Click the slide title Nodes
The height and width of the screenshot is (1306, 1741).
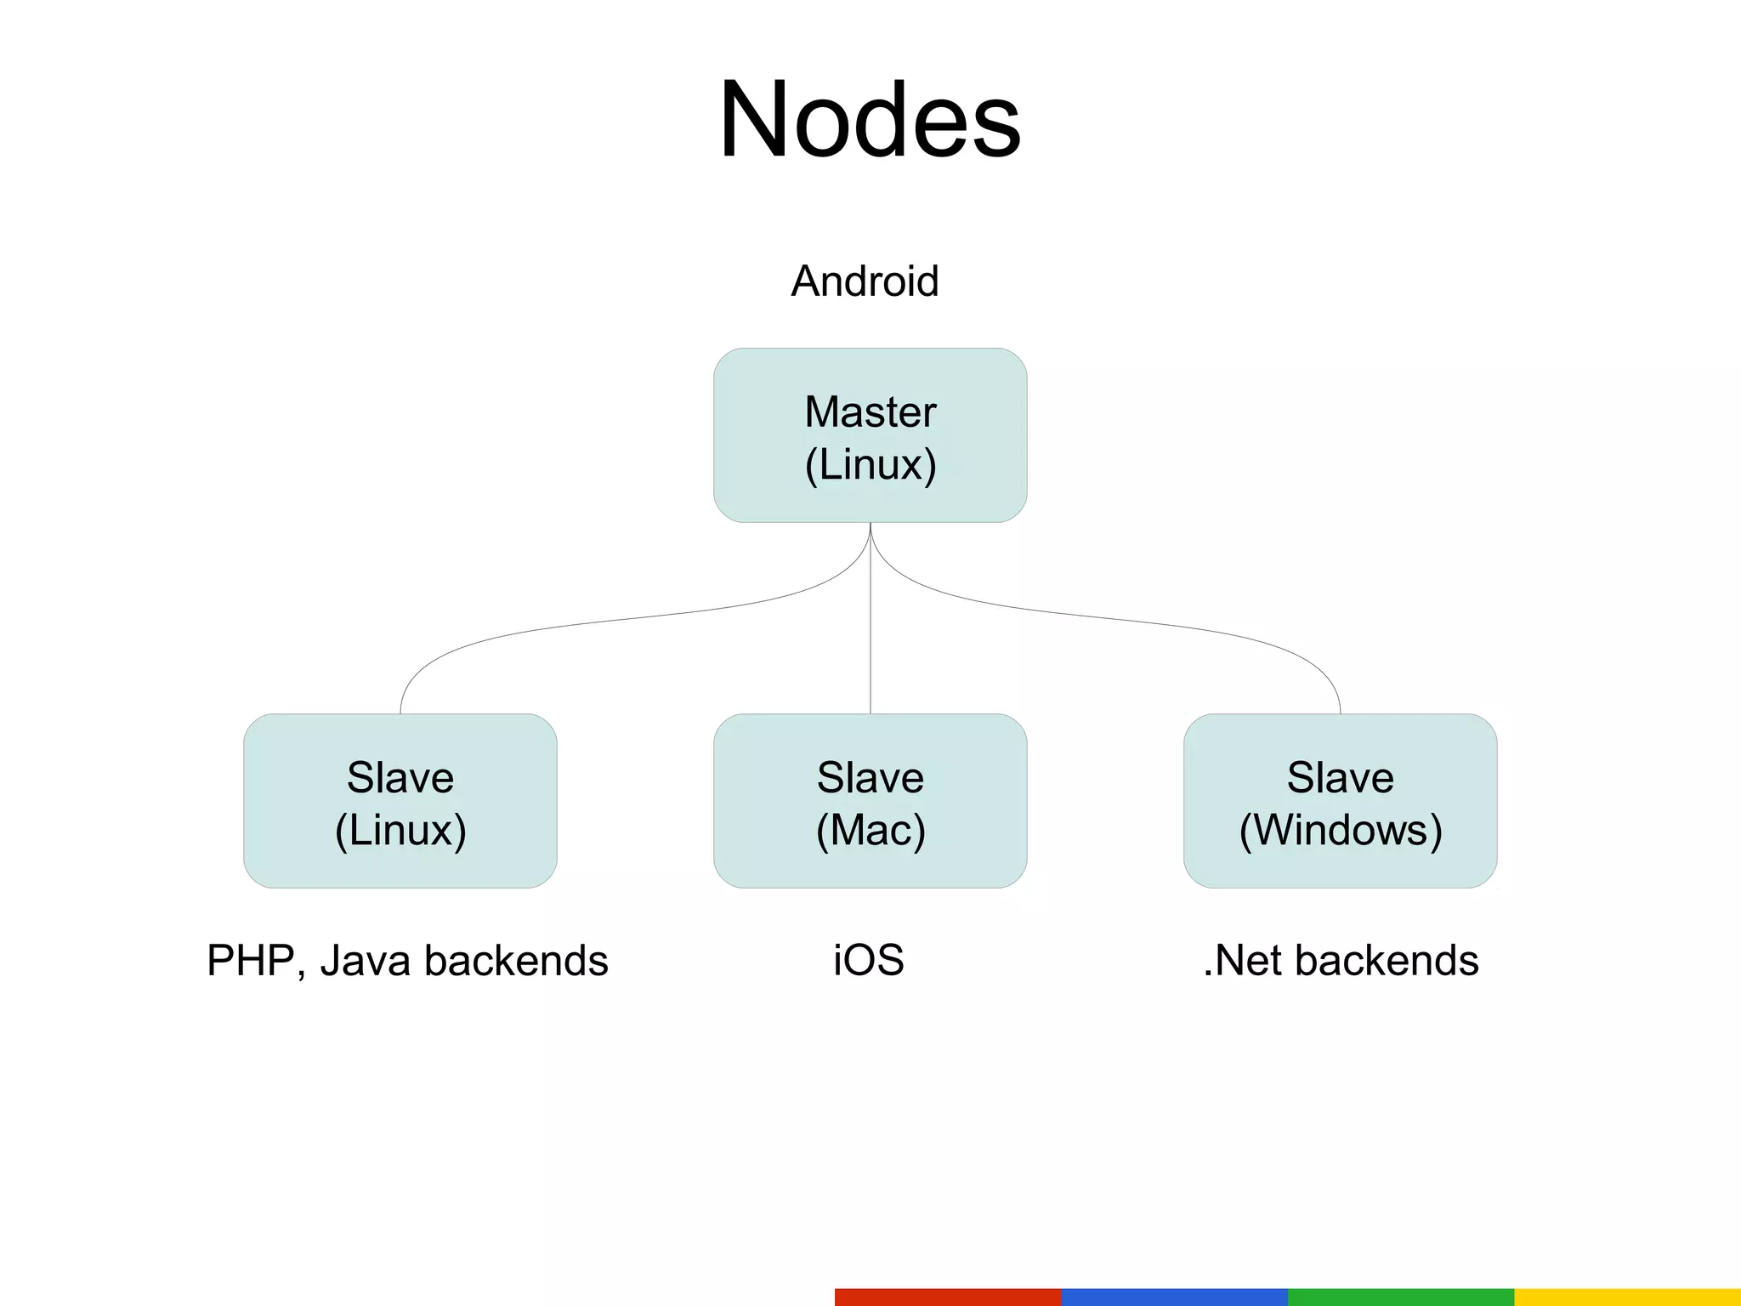[x=869, y=121]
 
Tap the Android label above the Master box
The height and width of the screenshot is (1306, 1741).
[x=865, y=281]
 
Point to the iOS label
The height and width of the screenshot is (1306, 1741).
[x=868, y=961]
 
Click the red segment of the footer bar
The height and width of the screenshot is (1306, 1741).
[x=948, y=1297]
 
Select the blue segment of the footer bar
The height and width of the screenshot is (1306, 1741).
[x=1174, y=1297]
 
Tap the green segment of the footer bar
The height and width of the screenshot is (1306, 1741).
[x=1401, y=1297]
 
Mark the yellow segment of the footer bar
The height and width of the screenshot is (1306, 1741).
[x=1627, y=1297]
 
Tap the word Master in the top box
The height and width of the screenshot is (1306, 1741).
[x=870, y=412]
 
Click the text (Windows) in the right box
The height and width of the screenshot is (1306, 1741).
[x=1341, y=830]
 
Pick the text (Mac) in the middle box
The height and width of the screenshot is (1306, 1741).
[x=870, y=830]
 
